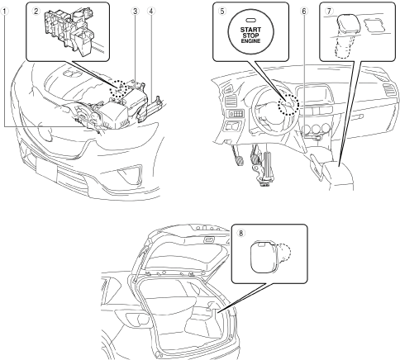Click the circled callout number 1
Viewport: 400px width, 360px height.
click(x=4, y=11)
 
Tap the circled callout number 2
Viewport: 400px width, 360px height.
click(x=36, y=11)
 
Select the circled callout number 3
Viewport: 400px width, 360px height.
click(x=135, y=11)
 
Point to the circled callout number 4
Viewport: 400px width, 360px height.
click(x=151, y=11)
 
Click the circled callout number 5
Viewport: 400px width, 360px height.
click(x=222, y=11)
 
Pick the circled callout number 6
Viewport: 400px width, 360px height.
click(x=304, y=11)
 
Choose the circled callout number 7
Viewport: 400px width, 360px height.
click(x=329, y=11)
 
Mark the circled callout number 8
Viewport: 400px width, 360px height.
click(x=240, y=233)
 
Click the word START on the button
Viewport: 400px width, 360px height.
click(x=250, y=30)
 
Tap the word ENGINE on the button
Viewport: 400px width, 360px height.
click(x=250, y=41)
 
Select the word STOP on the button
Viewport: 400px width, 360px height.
click(x=250, y=36)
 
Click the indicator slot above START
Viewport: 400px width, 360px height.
click(x=250, y=21)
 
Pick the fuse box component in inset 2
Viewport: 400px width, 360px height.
click(x=69, y=31)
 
